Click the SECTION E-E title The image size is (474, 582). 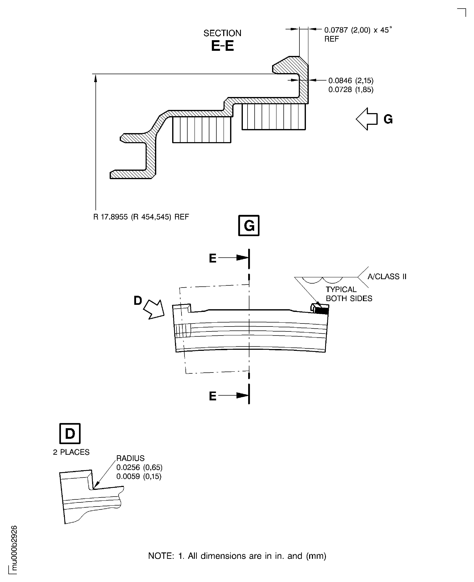pyautogui.click(x=222, y=41)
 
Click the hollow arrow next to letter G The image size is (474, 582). pyautogui.click(x=366, y=119)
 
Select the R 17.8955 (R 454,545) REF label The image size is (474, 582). pyautogui.click(x=141, y=217)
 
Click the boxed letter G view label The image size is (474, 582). pyautogui.click(x=249, y=225)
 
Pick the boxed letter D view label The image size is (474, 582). pyautogui.click(x=70, y=433)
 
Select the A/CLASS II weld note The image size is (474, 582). pyautogui.click(x=387, y=277)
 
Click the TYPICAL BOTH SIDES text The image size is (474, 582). pyautogui.click(x=348, y=294)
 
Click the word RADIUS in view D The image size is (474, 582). pyautogui.click(x=130, y=458)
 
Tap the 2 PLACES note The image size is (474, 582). pyautogui.click(x=71, y=452)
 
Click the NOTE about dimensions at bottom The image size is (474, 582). pyautogui.click(x=237, y=556)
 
